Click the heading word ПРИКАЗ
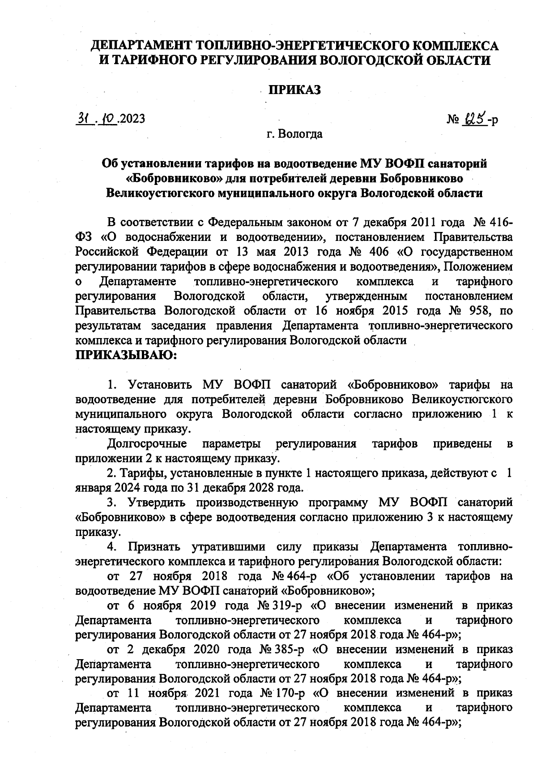click(x=294, y=90)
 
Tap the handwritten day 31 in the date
click(x=83, y=118)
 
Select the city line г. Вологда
click(x=294, y=134)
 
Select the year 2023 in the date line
click(x=132, y=119)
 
